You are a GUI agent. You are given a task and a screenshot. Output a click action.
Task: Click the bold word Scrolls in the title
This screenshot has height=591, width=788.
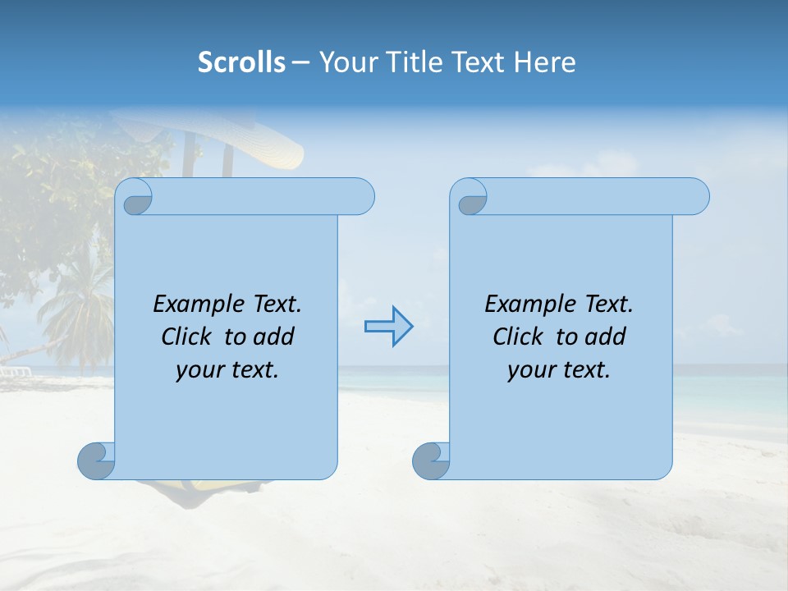241,62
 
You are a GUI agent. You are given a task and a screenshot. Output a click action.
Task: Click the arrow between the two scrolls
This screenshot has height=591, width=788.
388,326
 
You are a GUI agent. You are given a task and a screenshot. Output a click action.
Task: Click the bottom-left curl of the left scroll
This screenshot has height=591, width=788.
97,460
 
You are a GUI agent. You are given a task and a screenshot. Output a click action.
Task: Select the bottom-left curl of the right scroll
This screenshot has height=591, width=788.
431,460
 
